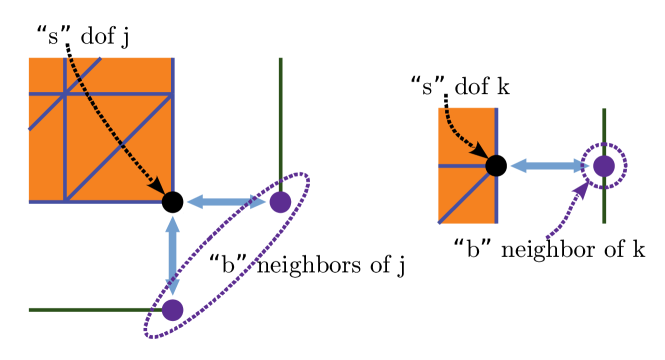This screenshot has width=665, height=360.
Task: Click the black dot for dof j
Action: (172, 202)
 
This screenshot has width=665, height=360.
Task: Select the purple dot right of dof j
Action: (280, 202)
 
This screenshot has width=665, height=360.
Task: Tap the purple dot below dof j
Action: (172, 310)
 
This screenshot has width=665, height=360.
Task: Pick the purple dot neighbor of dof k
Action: (603, 165)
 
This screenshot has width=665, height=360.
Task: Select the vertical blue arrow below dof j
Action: (172, 256)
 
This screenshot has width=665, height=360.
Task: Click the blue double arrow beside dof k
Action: (549, 165)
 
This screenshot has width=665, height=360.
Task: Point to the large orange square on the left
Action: (100, 130)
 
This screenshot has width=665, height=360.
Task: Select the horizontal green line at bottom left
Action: (90, 310)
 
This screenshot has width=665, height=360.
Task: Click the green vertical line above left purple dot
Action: (280, 120)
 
